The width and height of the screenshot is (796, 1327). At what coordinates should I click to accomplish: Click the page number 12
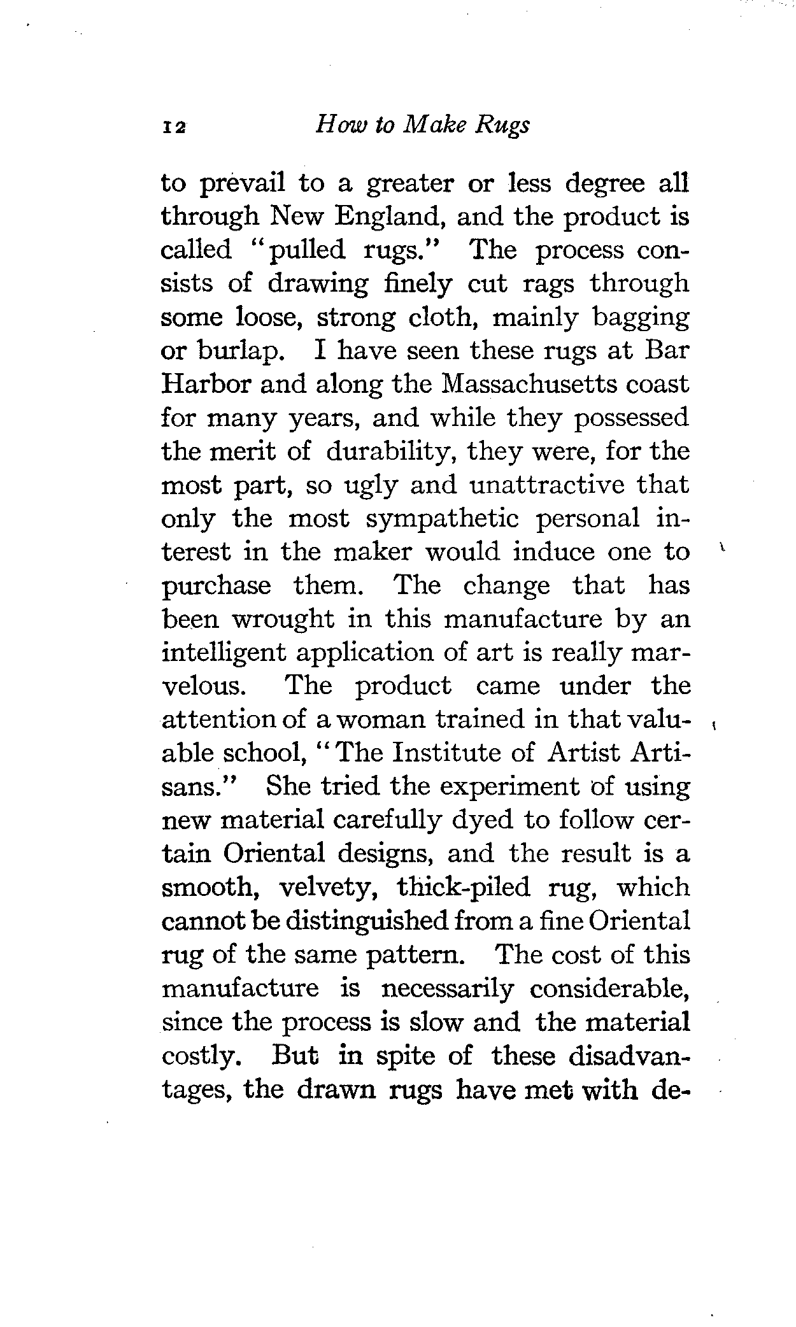[x=173, y=127]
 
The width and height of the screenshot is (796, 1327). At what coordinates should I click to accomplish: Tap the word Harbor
[x=203, y=384]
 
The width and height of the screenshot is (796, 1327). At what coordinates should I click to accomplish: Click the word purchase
[x=217, y=586]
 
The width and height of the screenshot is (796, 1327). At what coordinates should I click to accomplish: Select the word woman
[x=381, y=720]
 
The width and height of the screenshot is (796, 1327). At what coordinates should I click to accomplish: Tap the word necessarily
[x=446, y=988]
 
